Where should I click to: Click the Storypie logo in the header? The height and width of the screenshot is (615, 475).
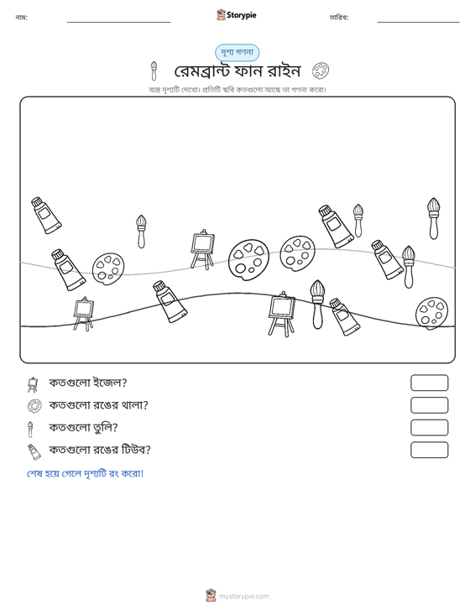[237, 15]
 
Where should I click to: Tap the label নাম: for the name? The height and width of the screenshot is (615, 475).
[21, 18]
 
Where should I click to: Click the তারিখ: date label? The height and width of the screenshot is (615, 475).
[339, 18]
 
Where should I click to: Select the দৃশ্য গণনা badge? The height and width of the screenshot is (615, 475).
[237, 53]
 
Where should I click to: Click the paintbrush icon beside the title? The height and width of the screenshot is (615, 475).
[154, 70]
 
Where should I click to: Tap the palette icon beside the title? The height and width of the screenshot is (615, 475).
[321, 70]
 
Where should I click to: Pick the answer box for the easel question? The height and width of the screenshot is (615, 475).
[429, 383]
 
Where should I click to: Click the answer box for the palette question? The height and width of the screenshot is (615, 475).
[429, 405]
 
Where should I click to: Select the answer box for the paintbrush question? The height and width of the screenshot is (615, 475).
[429, 428]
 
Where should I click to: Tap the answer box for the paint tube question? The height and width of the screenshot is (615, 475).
[429, 450]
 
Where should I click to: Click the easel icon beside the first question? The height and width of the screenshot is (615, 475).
[33, 384]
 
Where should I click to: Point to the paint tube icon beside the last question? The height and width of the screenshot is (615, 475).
[34, 452]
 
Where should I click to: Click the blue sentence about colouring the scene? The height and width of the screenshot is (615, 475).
[85, 473]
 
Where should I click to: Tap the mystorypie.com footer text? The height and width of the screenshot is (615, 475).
[244, 597]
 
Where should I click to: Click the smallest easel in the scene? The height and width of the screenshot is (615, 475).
[83, 314]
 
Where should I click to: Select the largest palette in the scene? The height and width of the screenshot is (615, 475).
[248, 260]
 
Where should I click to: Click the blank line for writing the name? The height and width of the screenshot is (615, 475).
[119, 22]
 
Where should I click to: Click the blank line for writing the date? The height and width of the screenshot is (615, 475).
[418, 22]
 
